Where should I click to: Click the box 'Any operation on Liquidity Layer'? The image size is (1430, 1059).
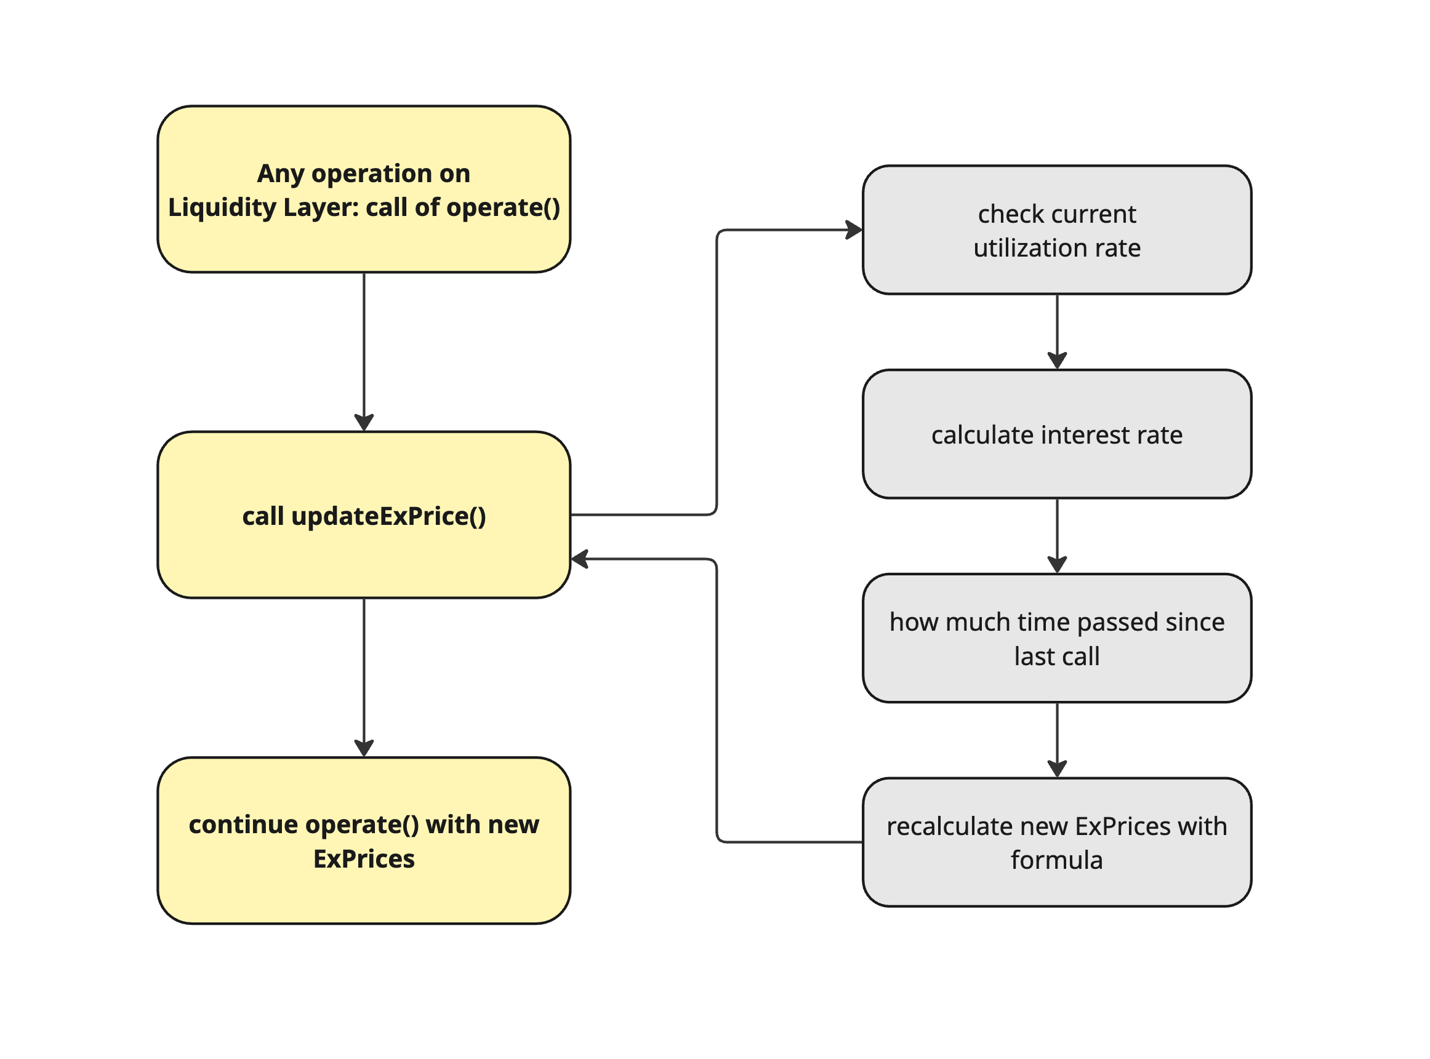[x=364, y=189]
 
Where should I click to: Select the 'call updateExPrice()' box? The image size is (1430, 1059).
[x=364, y=515]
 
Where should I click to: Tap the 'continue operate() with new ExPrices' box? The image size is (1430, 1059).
[x=364, y=841]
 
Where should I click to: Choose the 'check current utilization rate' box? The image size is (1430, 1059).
[x=1057, y=230]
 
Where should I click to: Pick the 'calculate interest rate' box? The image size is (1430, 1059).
[x=1057, y=434]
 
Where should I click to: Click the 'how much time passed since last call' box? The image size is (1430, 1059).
[x=1057, y=638]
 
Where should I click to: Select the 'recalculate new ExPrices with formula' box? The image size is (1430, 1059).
[x=1057, y=842]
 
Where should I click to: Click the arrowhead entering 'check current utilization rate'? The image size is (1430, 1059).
[x=854, y=230]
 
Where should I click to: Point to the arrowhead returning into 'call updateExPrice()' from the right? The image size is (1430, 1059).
[x=580, y=559]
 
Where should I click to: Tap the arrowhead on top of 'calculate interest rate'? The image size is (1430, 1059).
[x=1057, y=361]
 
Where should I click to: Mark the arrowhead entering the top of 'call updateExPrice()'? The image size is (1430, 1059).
[x=364, y=423]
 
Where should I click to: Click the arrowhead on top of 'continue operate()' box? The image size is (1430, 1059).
[x=364, y=748]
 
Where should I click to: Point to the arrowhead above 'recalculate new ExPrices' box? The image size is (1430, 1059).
[x=1057, y=769]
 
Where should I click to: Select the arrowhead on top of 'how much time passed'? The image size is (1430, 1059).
[x=1057, y=565]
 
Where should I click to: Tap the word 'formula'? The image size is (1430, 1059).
[x=1057, y=860]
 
